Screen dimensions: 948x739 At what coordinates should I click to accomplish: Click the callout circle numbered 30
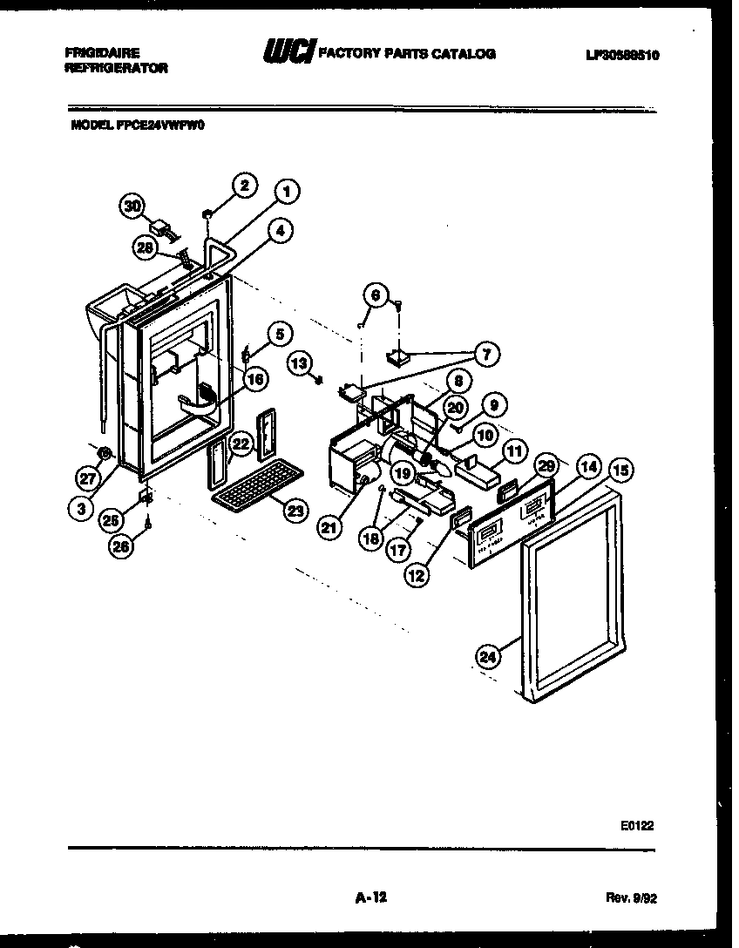(131, 207)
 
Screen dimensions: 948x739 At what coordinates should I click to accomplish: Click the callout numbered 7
(485, 353)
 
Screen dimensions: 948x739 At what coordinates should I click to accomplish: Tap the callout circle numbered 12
(416, 574)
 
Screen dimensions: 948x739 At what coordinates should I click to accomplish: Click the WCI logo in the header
(288, 54)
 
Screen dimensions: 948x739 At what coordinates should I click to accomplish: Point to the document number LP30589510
(622, 55)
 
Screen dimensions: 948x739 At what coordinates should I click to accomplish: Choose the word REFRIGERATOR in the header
(117, 67)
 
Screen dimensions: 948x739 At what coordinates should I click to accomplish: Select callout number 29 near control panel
(546, 464)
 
